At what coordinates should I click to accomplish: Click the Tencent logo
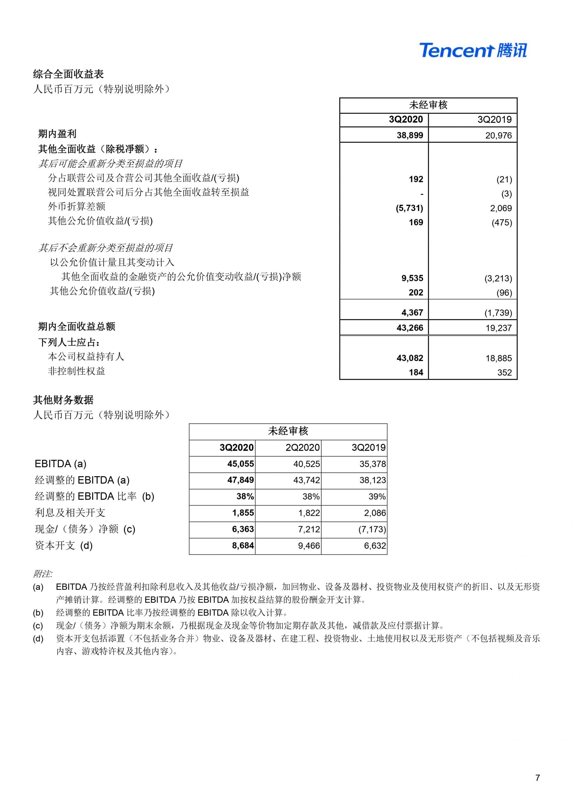click(473, 50)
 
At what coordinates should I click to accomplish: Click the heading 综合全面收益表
click(68, 74)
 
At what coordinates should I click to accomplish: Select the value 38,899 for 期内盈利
click(410, 135)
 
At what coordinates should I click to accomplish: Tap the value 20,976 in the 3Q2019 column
click(498, 135)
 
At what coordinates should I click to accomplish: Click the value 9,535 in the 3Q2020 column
click(412, 278)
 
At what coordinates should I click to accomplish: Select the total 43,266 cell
click(410, 328)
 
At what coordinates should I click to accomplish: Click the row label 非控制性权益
click(76, 371)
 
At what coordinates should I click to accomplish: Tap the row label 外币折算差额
click(76, 206)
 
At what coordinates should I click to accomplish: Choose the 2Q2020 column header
click(302, 447)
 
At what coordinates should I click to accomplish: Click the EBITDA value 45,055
click(240, 464)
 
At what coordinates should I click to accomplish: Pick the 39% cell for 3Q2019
click(377, 496)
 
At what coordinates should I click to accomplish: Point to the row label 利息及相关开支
click(70, 513)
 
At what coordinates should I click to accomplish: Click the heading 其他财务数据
click(63, 400)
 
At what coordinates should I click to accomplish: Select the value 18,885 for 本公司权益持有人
click(498, 358)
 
